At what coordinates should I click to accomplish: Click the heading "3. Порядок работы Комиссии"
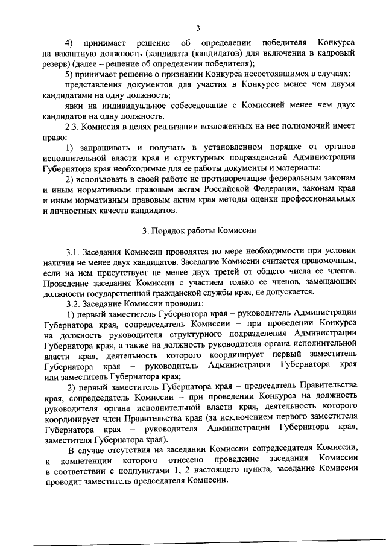click(x=199, y=230)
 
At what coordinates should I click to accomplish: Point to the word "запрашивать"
click(x=107, y=147)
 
